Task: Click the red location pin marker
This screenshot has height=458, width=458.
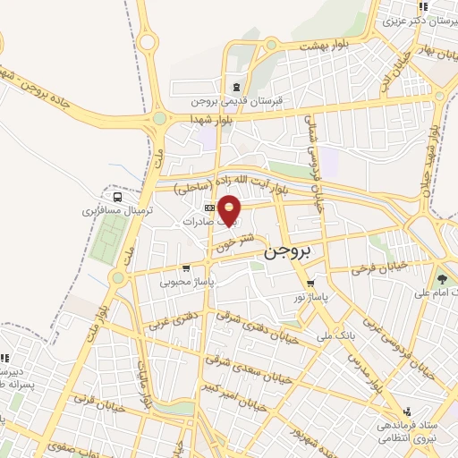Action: (230, 211)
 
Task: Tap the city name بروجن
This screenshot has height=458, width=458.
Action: (290, 253)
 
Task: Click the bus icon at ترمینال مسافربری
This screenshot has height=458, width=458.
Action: (118, 197)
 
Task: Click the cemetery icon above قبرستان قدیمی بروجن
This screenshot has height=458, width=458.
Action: (235, 87)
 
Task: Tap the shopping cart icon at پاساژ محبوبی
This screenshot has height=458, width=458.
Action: (185, 267)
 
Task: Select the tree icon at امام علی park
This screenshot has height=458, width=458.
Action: (441, 277)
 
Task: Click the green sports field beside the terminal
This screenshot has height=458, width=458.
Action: (108, 236)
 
